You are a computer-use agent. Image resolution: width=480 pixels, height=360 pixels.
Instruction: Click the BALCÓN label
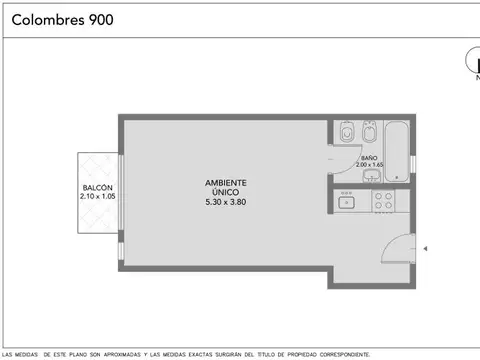(x=97, y=189)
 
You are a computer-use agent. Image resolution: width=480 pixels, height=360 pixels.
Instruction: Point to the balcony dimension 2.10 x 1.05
(x=97, y=197)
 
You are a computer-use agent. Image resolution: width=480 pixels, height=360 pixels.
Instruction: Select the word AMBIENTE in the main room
(x=225, y=183)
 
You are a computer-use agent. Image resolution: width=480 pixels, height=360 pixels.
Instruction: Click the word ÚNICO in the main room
(x=225, y=192)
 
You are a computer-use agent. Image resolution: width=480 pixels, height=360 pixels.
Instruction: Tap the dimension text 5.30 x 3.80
(x=225, y=202)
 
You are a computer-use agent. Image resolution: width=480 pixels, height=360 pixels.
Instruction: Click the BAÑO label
(x=369, y=158)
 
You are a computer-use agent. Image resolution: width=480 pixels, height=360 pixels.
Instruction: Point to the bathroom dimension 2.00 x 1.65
(x=369, y=165)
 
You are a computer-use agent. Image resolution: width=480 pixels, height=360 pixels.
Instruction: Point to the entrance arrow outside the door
(x=425, y=248)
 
